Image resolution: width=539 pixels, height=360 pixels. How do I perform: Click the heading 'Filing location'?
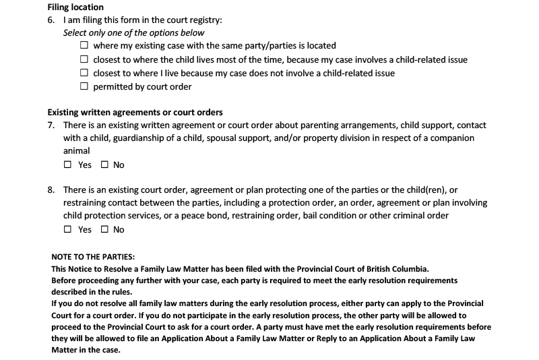[75, 7]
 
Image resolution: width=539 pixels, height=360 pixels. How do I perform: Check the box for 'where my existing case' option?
[84, 46]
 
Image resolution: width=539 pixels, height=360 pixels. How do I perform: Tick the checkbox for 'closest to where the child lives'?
[84, 59]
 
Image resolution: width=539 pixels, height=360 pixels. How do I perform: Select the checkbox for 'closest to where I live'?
[84, 73]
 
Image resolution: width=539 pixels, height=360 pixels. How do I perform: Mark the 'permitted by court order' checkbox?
[84, 86]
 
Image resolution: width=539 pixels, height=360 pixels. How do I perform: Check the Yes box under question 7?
[67, 164]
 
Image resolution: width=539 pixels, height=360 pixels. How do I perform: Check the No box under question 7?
[104, 164]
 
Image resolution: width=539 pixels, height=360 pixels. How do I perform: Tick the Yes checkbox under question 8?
[67, 229]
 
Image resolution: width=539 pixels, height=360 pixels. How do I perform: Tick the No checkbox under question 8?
[104, 229]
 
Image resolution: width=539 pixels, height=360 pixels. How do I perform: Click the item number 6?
[51, 20]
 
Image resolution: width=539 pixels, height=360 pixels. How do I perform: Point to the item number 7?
[51, 125]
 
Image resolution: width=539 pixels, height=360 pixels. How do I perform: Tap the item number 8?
[51, 190]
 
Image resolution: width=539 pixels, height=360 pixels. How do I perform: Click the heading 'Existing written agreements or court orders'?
[135, 112]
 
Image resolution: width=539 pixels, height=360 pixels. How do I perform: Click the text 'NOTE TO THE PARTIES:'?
[93, 256]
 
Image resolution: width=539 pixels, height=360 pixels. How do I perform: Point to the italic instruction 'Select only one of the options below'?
[134, 32]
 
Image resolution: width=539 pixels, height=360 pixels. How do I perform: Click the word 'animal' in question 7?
[77, 151]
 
